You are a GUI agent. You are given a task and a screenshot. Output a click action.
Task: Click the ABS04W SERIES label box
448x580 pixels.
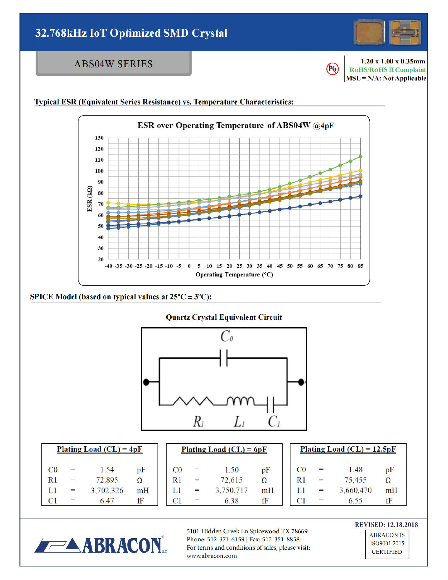(113, 64)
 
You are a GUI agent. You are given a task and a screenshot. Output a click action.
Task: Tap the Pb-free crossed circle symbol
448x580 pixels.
(332, 69)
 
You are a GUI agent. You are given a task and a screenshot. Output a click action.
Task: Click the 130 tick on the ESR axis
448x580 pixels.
(99, 138)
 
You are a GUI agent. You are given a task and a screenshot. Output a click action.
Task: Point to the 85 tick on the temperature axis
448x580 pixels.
(360, 266)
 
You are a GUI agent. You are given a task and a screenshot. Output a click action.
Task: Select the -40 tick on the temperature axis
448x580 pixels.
(109, 266)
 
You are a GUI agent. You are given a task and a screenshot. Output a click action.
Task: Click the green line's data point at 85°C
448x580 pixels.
(360, 157)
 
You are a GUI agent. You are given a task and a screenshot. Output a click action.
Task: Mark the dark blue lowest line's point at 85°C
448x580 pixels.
(360, 196)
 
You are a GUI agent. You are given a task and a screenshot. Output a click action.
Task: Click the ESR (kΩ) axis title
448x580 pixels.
(90, 199)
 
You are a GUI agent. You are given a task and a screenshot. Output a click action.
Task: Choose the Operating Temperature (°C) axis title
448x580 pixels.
(234, 275)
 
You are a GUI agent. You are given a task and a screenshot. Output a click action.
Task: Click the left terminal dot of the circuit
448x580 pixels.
(146, 382)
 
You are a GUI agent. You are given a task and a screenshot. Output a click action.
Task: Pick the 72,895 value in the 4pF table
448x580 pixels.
(107, 480)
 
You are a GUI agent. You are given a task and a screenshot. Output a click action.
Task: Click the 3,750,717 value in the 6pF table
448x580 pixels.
(232, 490)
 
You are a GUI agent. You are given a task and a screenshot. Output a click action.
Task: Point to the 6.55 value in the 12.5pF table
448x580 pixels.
(355, 501)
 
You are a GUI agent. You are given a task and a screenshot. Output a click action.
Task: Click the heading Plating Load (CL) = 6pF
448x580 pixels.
(224, 449)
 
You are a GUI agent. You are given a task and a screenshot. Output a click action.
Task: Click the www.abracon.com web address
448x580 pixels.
(212, 556)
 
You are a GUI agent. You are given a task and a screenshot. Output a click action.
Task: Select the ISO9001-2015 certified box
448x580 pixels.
(387, 544)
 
